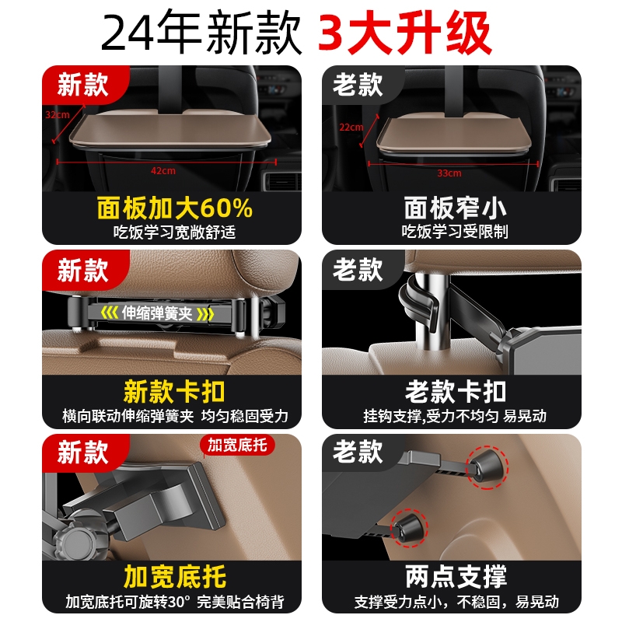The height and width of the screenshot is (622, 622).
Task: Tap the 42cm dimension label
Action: [162, 169]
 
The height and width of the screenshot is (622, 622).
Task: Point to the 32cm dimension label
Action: [57, 114]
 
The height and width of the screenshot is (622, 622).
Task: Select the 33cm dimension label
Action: [449, 173]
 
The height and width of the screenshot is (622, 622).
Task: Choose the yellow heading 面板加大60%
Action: [175, 208]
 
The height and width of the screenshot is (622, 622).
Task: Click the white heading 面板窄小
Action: [455, 208]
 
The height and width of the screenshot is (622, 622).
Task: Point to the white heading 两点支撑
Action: [455, 576]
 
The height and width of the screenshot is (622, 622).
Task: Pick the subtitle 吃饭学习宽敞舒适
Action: [174, 231]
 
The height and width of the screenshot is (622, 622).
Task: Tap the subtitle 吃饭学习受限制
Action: [455, 231]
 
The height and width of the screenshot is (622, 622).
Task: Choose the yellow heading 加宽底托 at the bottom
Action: [174, 576]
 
